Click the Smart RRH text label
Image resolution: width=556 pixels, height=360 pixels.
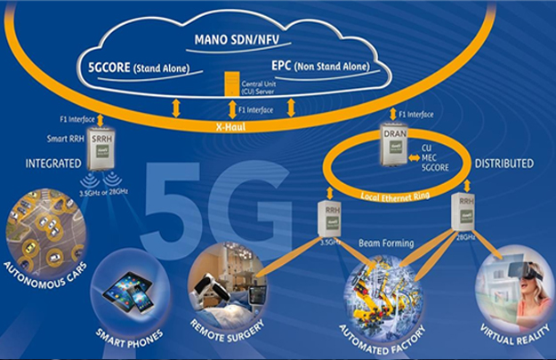63,140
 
